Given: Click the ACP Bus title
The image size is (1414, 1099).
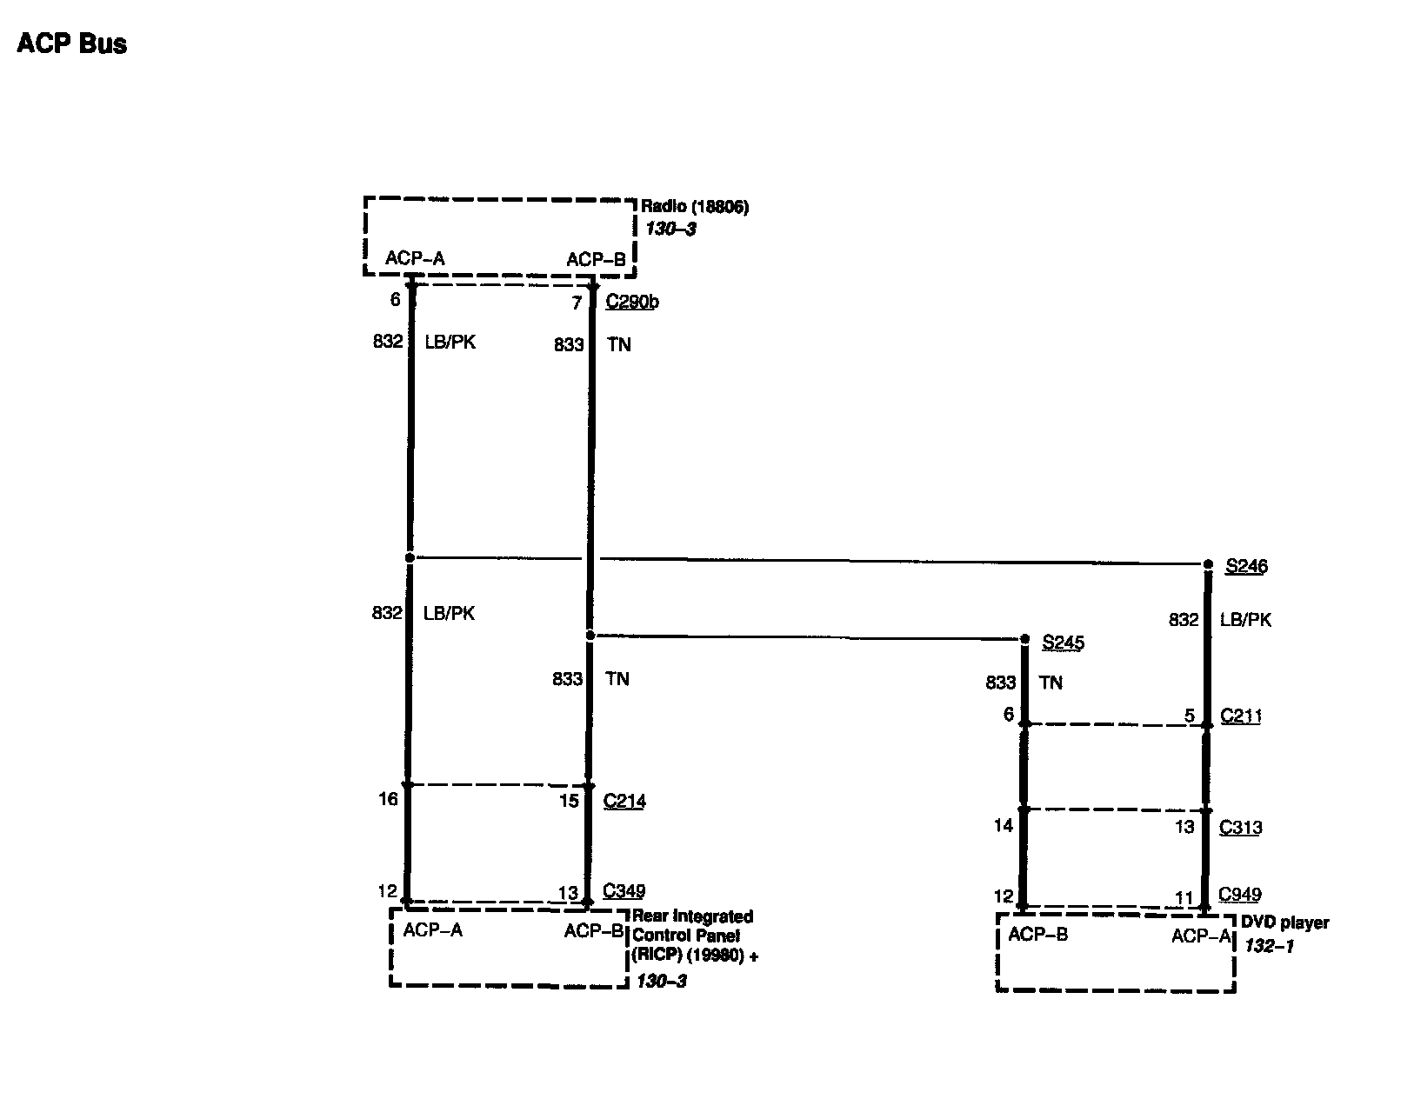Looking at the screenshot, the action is (x=72, y=43).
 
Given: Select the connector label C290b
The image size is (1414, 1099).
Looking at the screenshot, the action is (x=632, y=303).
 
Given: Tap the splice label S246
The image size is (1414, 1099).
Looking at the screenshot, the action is (x=1246, y=567).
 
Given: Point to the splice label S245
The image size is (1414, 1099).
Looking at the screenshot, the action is (x=1063, y=643).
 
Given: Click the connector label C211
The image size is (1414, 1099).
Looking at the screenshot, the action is (x=1241, y=716).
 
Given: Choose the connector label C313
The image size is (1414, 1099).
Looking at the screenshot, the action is (x=1240, y=828).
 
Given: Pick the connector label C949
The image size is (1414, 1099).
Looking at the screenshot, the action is (x=1240, y=894).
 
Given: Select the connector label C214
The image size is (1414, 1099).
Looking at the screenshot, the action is (x=624, y=801).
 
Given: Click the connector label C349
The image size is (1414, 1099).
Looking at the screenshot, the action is (x=624, y=891).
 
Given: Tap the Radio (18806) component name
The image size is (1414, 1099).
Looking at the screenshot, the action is (x=695, y=207).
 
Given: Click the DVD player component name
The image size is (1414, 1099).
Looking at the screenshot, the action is (x=1284, y=922).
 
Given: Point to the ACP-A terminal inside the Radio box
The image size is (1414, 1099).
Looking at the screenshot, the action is (x=415, y=258).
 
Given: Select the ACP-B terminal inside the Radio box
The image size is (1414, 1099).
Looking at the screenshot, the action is (x=596, y=259).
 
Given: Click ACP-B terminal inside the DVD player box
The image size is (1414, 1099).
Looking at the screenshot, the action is (x=1037, y=936).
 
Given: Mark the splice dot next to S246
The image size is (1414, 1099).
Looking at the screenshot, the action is (x=1208, y=564).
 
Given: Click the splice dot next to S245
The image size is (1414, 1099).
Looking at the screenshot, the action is (x=1024, y=639).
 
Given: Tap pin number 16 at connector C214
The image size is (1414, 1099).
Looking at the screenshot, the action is (x=388, y=798).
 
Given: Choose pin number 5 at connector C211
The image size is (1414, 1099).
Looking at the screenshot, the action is (x=1189, y=716).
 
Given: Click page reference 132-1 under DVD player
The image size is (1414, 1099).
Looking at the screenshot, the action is (x=1269, y=946).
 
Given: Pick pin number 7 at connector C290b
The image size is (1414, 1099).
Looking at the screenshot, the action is (x=577, y=303).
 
